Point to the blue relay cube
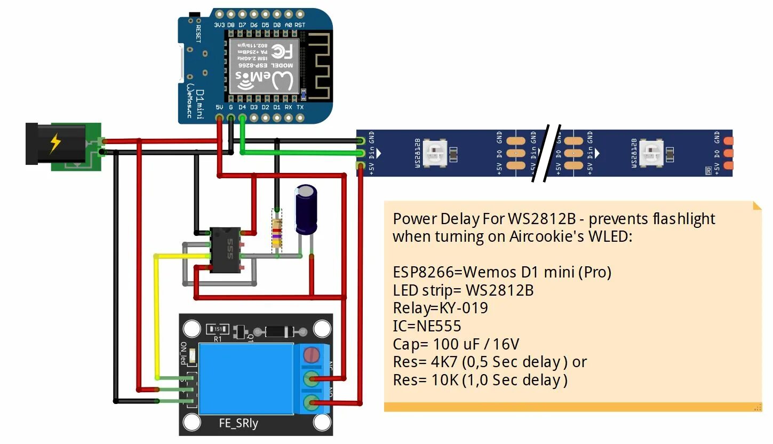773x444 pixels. click(245, 378)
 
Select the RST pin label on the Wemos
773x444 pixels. click(300, 25)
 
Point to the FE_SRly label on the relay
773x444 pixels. click(238, 424)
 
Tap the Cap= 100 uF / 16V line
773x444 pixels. click(456, 344)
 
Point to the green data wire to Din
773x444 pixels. click(299, 153)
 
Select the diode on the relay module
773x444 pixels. click(278, 331)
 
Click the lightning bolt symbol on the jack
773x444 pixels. click(54, 143)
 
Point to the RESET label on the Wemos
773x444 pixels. click(198, 33)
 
